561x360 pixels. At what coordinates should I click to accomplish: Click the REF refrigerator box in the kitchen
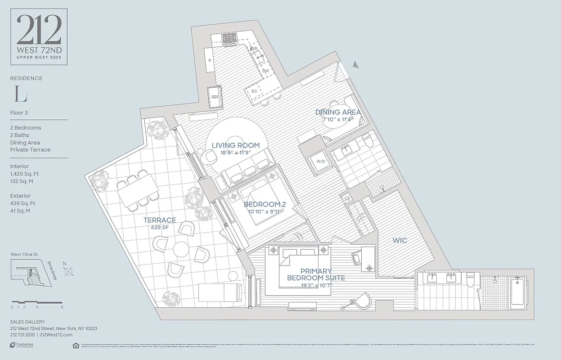[x=215, y=97]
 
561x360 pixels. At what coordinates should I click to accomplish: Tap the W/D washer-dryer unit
[x=321, y=161]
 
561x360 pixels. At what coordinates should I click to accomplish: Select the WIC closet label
[x=400, y=241]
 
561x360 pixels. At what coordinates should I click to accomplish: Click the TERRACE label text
[x=160, y=220]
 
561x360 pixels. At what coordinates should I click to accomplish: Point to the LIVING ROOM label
[x=236, y=145]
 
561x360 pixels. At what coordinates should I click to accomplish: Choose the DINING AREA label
[x=338, y=112]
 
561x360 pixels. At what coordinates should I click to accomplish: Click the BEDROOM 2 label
[x=265, y=204]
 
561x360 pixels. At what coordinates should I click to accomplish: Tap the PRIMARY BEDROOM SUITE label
[x=316, y=274]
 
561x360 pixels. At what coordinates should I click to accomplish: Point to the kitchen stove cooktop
[x=229, y=39]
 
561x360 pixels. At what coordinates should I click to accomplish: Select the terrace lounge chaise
[x=220, y=292]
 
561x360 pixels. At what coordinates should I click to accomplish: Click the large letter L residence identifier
[x=21, y=95]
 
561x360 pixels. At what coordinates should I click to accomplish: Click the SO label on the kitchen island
[x=254, y=91]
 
